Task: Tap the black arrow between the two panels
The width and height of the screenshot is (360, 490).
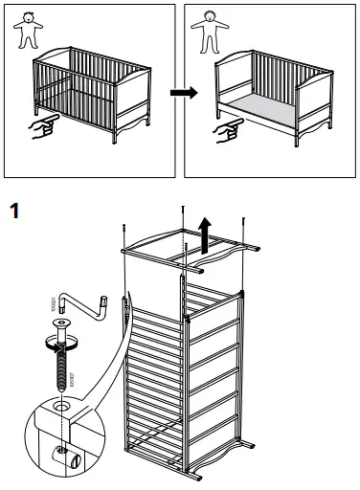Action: click(x=179, y=93)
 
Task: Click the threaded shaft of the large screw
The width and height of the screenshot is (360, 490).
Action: click(x=61, y=368)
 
